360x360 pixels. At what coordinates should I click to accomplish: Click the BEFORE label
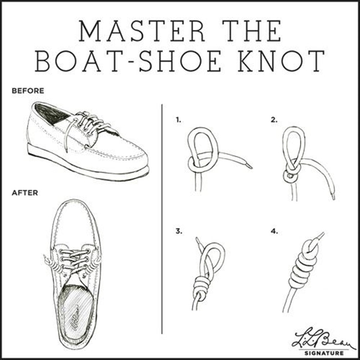pyautogui.click(x=28, y=92)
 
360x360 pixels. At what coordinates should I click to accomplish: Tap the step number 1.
pyautogui.click(x=178, y=120)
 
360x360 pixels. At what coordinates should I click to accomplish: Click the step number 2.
pyautogui.click(x=274, y=120)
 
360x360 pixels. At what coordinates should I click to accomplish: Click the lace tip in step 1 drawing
pyautogui.click(x=248, y=166)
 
